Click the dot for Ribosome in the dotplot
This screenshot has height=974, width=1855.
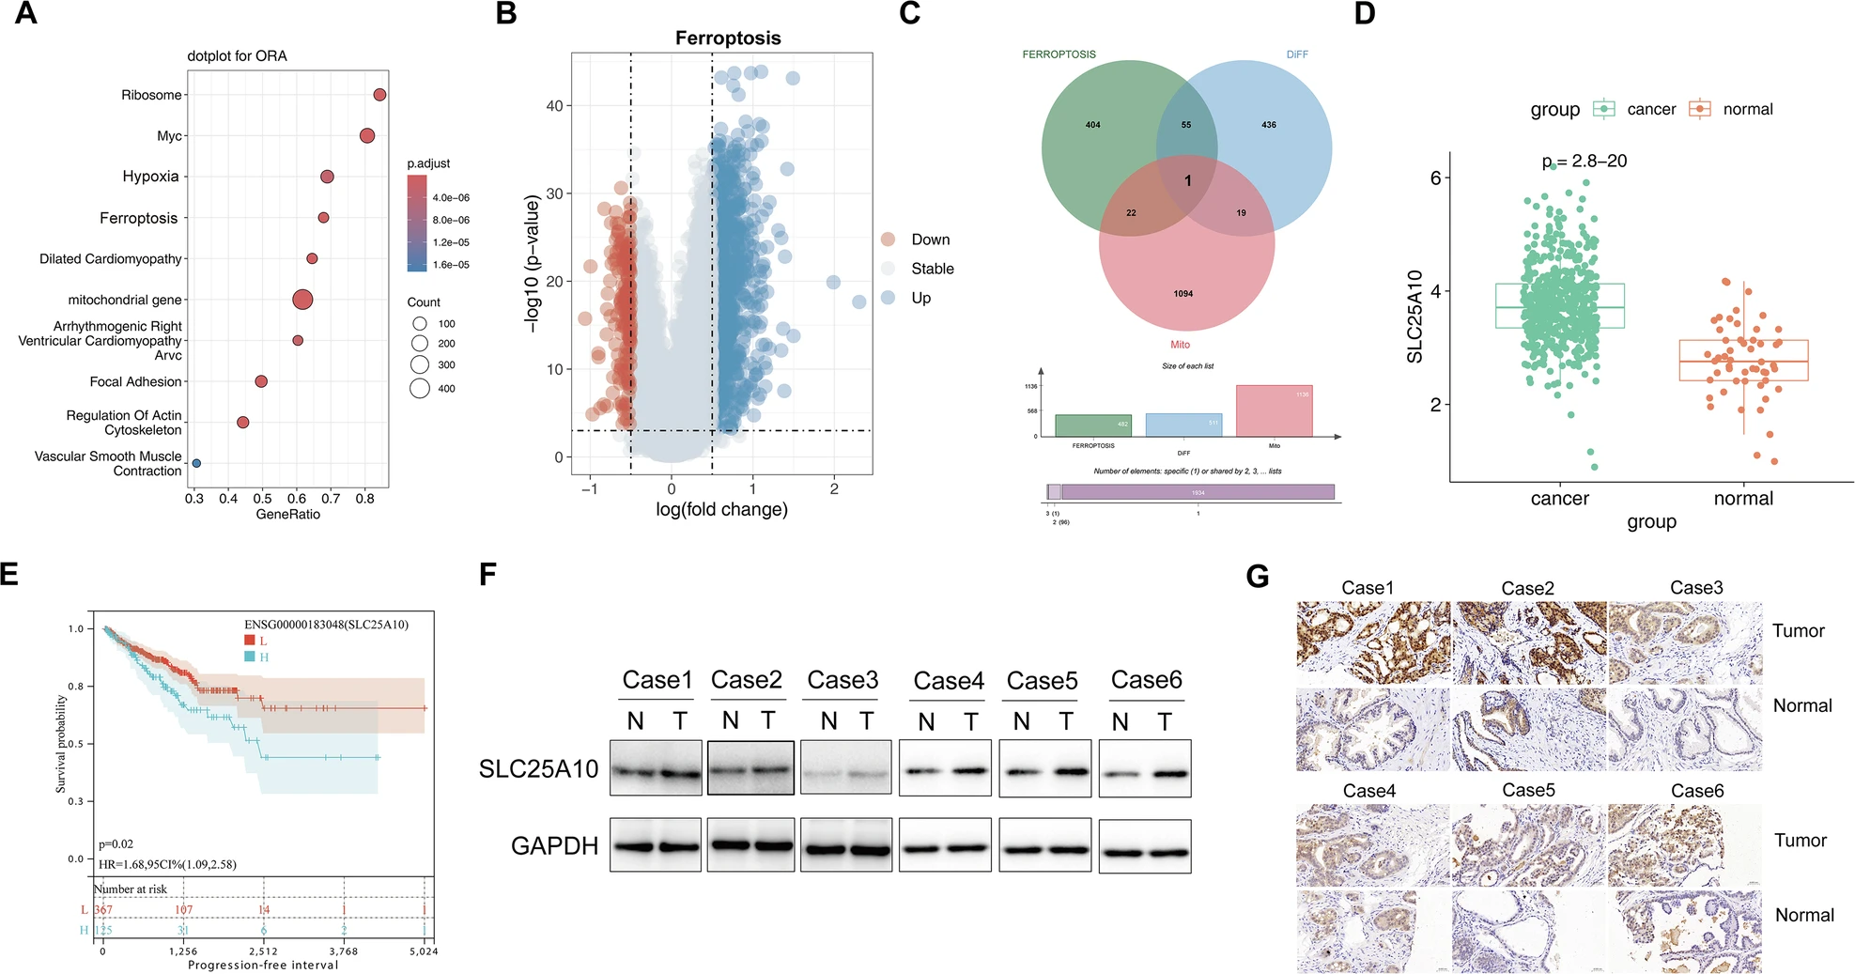(379, 95)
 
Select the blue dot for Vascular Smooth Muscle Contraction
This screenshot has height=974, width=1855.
(196, 463)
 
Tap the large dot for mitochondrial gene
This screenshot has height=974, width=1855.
(301, 300)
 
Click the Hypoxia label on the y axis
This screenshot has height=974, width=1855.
(150, 177)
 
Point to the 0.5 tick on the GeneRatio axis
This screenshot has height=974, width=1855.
(262, 498)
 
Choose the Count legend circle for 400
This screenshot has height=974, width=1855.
(420, 388)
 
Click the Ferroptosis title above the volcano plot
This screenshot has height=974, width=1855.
(728, 39)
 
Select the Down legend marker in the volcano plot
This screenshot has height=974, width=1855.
(888, 240)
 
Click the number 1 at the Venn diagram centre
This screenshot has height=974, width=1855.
(1188, 181)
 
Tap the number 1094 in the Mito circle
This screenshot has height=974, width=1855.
(1183, 294)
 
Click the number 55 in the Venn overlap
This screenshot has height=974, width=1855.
(1186, 125)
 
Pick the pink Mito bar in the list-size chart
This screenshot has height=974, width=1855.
(1274, 410)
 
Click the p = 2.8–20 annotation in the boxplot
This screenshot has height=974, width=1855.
(1584, 162)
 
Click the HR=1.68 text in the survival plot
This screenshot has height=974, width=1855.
(167, 864)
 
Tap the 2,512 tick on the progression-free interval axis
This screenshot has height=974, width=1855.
(263, 951)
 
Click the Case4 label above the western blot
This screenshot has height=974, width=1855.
(948, 681)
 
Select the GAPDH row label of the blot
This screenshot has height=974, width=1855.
(554, 846)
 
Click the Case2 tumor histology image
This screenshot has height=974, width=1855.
(1528, 642)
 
